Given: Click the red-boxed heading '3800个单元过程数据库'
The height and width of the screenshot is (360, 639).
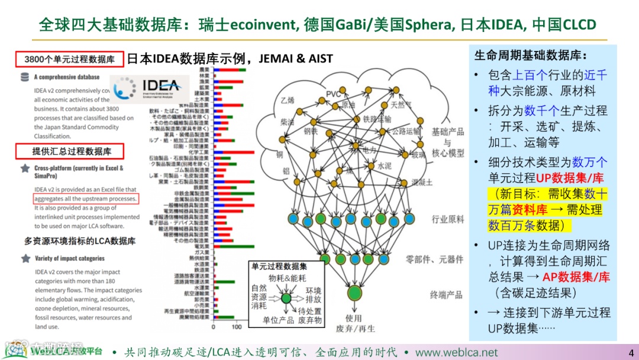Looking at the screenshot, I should [70, 59].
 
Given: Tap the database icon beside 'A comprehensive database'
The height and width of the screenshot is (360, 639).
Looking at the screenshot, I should [25, 77].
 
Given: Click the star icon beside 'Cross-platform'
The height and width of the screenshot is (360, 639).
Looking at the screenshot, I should [25, 168].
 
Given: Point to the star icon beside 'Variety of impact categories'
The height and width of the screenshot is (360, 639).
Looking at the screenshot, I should [25, 258].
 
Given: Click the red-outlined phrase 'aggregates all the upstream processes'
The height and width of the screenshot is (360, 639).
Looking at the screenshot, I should [86, 198].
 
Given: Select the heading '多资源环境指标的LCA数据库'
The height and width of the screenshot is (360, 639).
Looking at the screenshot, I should [80, 241].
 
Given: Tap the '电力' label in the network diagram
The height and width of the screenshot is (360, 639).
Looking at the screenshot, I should [370, 150].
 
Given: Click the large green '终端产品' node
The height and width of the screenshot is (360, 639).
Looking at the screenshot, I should [354, 292].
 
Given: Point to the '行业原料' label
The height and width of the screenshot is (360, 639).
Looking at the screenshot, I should [448, 219].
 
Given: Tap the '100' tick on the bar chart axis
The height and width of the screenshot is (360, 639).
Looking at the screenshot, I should [237, 327].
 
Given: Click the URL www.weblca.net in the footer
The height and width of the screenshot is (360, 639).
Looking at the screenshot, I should [456, 352].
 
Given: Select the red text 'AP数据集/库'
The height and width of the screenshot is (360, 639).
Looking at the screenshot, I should [576, 277].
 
